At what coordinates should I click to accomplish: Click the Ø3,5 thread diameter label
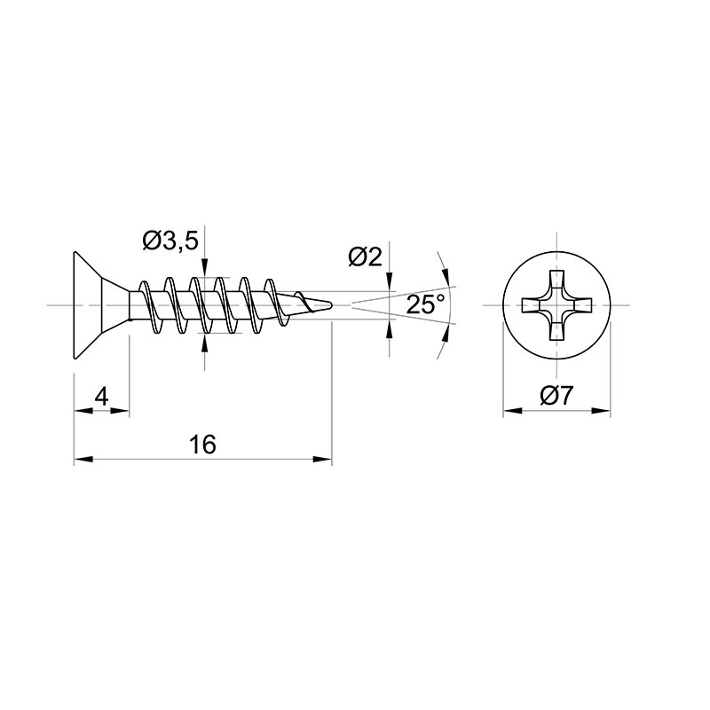tap(170, 241)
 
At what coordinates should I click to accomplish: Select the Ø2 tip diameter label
tap(366, 257)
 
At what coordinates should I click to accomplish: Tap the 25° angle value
tap(425, 304)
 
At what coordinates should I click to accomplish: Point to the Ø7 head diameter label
tap(556, 395)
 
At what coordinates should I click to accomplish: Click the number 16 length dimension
tap(202, 445)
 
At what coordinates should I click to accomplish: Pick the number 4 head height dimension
tap(102, 397)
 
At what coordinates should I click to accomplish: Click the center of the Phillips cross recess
tap(556, 305)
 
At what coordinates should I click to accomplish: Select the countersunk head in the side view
tap(102, 305)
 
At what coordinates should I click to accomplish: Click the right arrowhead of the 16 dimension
tap(322, 459)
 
